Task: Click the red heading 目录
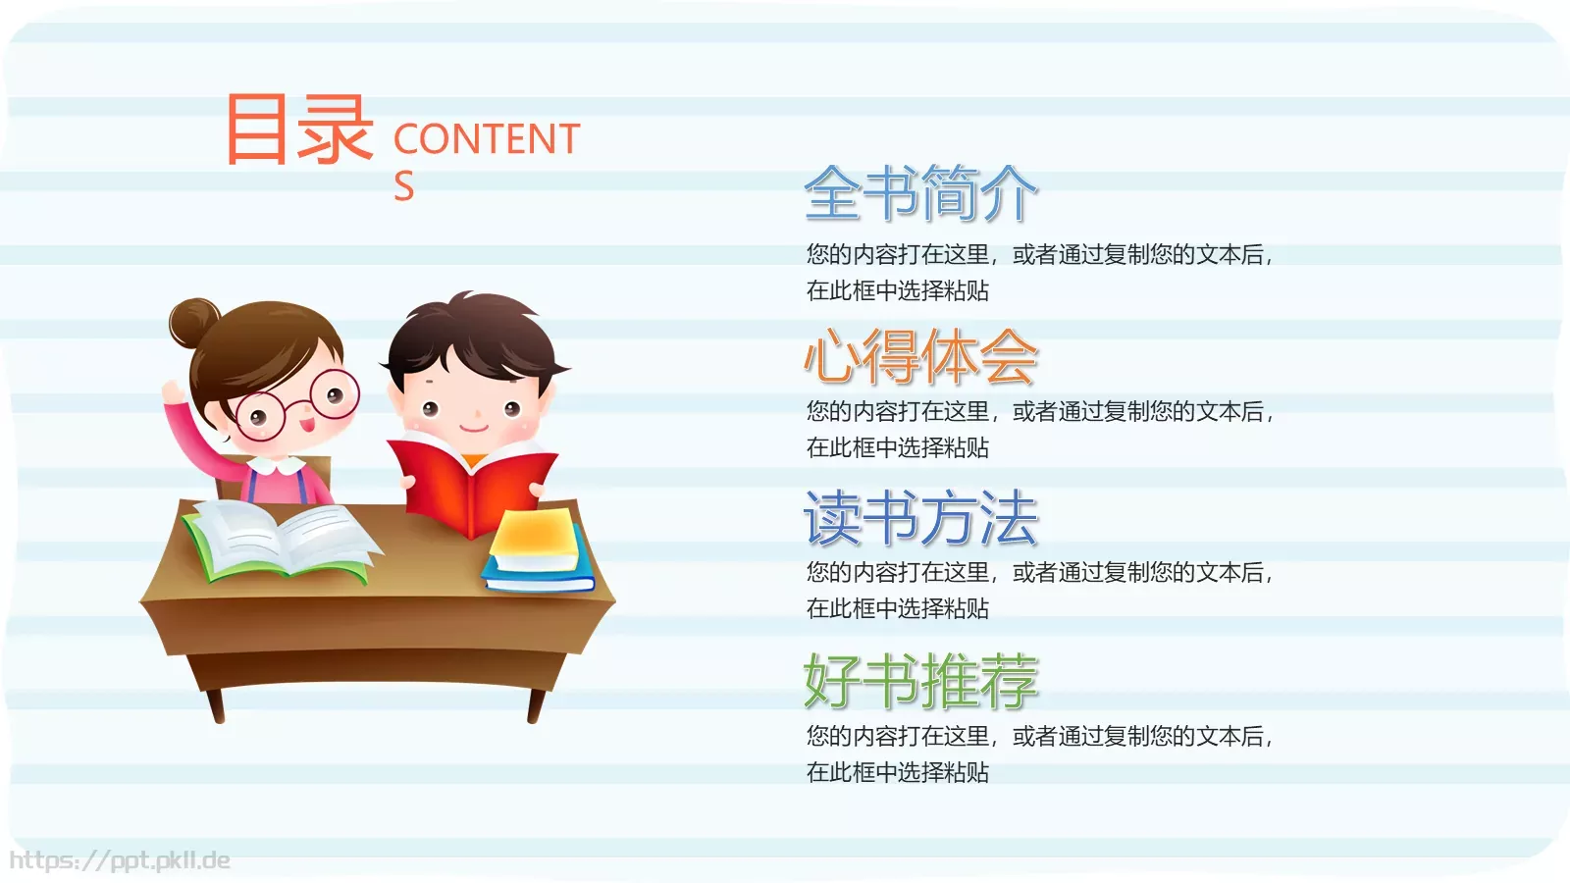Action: pos(299,129)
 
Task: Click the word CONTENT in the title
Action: pos(487,139)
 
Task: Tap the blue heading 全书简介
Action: pos(920,193)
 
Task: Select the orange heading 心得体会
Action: pos(920,357)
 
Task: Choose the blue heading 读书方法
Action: pos(920,518)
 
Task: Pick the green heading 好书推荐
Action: pos(920,681)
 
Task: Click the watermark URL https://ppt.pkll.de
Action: pos(120,860)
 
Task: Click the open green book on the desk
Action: pos(280,540)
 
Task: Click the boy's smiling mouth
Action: pos(474,428)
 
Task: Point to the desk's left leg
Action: pos(215,704)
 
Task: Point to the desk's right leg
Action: pos(536,704)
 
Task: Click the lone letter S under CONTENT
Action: pos(404,186)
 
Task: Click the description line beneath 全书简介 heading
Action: pos(1038,255)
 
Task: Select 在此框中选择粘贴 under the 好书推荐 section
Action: pos(897,772)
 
